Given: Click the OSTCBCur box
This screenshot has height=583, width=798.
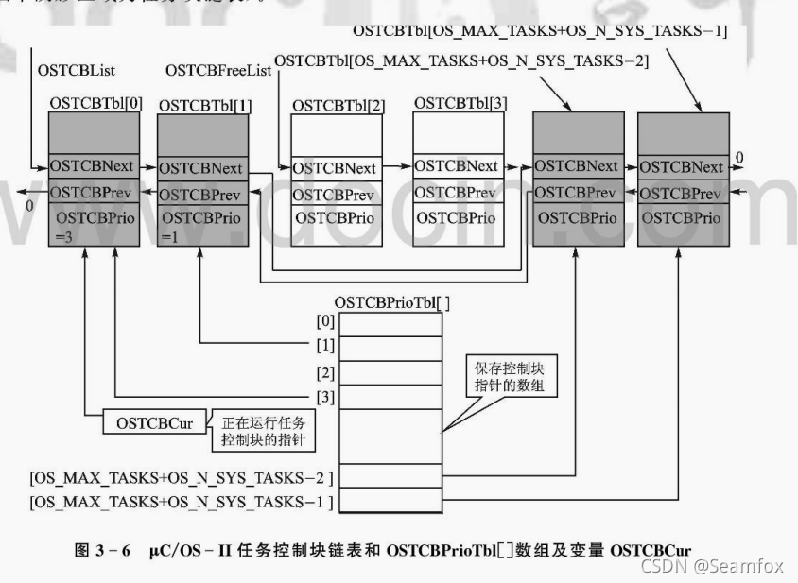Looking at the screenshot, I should [x=154, y=422].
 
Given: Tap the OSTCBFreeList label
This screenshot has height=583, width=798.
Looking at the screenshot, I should [x=218, y=71].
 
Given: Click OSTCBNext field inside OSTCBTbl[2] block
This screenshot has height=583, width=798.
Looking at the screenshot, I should [x=335, y=168].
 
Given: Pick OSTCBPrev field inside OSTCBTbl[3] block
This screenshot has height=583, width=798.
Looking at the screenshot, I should [x=458, y=192].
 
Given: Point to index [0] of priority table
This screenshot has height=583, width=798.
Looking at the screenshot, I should [x=326, y=322].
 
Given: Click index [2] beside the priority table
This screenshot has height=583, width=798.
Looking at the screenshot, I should [x=326, y=372].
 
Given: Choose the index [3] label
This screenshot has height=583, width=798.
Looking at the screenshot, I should [x=326, y=397].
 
